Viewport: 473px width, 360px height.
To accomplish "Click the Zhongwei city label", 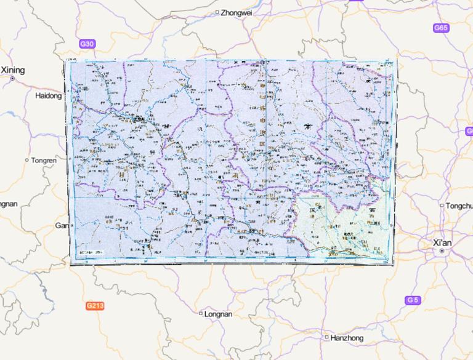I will pos(236,12).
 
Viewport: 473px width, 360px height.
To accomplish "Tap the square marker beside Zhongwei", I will pos(217,12).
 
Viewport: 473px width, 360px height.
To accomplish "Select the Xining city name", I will pos(13,70).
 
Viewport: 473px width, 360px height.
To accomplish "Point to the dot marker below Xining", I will pos(12,79).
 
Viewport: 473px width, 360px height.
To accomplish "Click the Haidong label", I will pos(49,96).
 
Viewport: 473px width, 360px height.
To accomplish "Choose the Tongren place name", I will pos(44,160).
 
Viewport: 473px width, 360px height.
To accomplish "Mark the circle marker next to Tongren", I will pos(26,160).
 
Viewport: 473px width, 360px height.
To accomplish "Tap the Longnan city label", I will pos(219,314).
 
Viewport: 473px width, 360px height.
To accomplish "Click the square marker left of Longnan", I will pos(201,314).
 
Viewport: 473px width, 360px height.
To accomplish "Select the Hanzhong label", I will pos(347,338).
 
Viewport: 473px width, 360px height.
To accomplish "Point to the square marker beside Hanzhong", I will pos(326,337).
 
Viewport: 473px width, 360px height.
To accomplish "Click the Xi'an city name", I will pos(442,243).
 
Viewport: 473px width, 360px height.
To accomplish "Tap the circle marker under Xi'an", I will pos(442,252).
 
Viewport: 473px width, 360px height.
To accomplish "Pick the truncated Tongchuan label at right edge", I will pos(459,206).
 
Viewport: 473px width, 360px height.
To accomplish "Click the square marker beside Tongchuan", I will pos(442,206).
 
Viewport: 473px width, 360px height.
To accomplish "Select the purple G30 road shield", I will pos(87,44).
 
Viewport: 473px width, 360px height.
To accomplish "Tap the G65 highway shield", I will pos(441,28).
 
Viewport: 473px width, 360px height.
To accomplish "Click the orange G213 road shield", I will pos(94,305).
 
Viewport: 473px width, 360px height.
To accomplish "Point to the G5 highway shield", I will pos(412,300).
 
